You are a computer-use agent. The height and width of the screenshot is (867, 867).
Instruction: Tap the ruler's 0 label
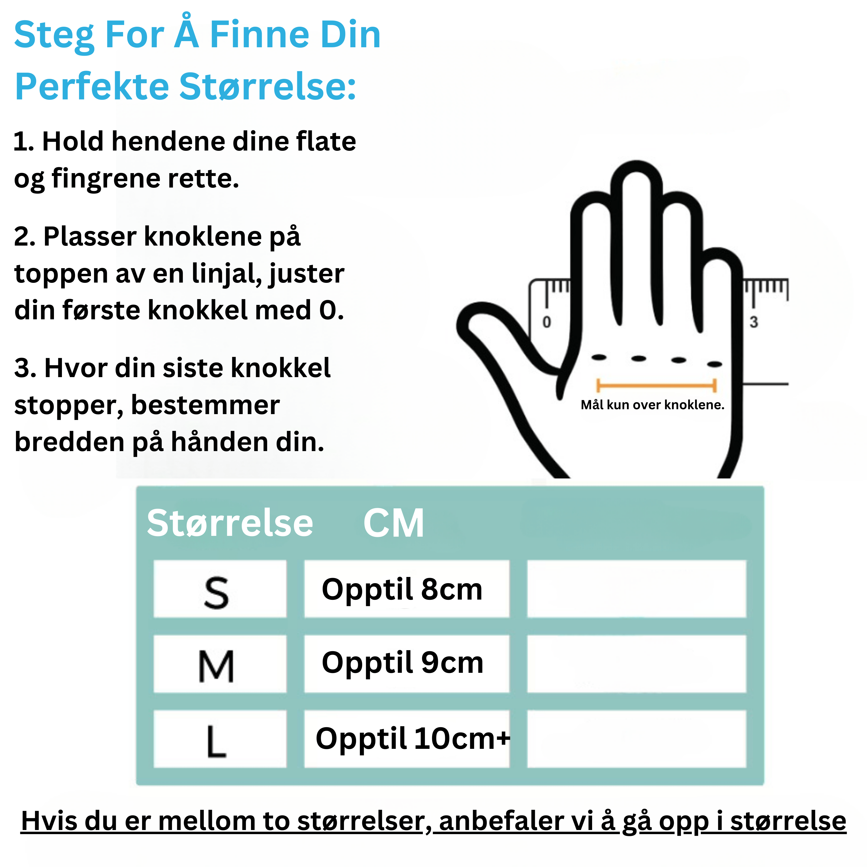[547, 322]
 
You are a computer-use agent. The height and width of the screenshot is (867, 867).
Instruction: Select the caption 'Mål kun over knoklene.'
[652, 405]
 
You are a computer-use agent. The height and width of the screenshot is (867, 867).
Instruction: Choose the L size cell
[220, 739]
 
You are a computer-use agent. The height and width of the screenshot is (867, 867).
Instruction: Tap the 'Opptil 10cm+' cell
[407, 739]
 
